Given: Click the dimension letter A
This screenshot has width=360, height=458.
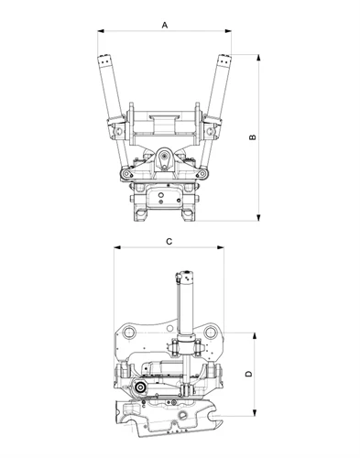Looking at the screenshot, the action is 165,25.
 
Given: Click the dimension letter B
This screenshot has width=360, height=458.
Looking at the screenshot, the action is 253,137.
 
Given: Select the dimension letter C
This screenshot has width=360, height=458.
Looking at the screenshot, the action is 169,242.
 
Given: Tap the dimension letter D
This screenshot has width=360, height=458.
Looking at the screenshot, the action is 249,374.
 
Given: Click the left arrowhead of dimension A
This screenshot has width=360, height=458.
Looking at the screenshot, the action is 101,31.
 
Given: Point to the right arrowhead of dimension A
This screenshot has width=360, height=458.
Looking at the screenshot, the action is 228,31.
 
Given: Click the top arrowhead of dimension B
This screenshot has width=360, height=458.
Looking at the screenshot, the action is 258,58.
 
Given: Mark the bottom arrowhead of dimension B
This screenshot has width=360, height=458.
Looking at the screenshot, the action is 258,217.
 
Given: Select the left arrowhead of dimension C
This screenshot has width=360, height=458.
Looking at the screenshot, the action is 117,247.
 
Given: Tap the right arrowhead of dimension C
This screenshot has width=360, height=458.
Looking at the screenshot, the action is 220,247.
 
